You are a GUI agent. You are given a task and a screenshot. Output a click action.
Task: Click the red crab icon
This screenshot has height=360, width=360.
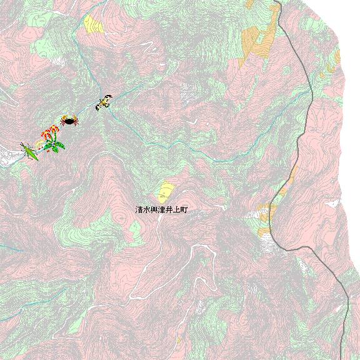point(69,120)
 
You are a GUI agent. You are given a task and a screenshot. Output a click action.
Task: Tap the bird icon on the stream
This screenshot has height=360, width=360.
point(104,102)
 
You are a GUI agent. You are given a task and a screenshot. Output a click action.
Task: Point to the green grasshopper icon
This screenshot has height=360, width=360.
point(29,151)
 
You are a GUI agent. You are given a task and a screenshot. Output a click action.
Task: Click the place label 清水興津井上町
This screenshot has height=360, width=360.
point(161,211)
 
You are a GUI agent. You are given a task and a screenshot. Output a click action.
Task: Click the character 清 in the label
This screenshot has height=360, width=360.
point(139,211)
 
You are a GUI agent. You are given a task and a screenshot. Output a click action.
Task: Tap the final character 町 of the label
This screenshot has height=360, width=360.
point(184,211)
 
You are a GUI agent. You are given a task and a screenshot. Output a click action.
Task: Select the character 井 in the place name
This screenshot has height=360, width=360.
point(169,211)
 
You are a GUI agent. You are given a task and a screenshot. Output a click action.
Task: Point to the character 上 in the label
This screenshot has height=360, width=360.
point(176,211)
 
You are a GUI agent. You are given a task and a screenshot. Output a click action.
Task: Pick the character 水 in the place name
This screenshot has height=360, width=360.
point(147,211)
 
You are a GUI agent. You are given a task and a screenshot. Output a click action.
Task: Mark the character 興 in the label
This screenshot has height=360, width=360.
point(154,211)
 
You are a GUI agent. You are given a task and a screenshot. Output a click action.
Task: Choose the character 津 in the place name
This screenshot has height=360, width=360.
point(162,211)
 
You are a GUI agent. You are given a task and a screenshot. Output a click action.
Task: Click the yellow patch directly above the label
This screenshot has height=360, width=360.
point(166,190)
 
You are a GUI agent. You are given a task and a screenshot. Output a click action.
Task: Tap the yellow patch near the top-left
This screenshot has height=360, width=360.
point(94,25)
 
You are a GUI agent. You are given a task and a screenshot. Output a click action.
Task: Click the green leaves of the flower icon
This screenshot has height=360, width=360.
point(55,147)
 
